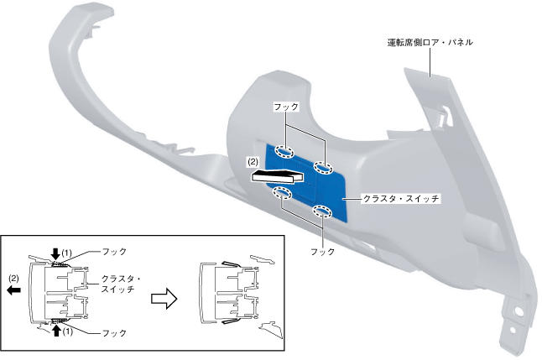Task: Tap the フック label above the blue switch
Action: point(285,107)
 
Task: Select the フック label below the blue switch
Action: point(322,251)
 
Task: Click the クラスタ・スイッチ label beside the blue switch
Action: point(400,200)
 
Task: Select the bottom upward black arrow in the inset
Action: point(55,330)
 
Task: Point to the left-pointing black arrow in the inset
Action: point(14,290)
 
